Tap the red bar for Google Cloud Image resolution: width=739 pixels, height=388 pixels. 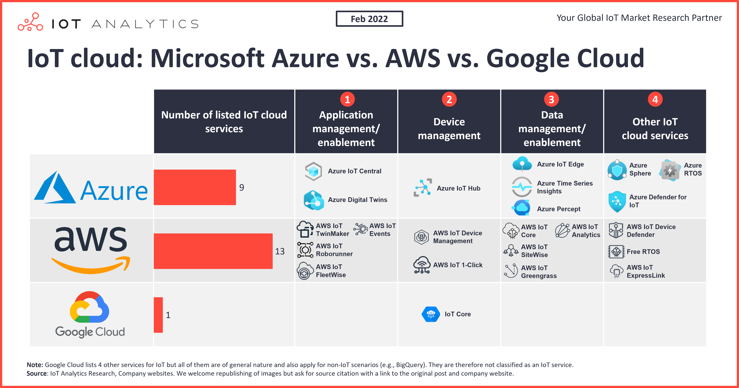[158, 315]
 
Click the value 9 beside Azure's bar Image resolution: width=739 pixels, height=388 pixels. [242, 188]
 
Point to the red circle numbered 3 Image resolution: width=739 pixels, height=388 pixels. [551, 99]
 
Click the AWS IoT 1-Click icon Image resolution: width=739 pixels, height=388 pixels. [422, 265]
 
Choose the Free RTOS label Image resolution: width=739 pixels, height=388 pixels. [643, 252]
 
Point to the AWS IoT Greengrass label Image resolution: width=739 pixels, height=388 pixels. [539, 272]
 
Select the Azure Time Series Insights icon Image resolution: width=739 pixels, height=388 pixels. [521, 187]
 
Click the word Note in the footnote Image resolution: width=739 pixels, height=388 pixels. [34, 365]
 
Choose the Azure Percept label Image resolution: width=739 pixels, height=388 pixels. [558, 209]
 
